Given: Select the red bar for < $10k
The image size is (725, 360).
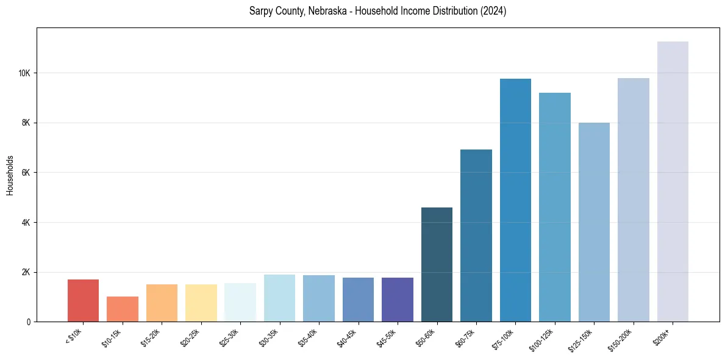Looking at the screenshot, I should click(83, 300).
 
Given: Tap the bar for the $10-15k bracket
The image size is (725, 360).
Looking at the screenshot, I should click(123, 309).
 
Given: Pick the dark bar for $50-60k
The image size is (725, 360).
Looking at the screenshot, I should click(437, 264).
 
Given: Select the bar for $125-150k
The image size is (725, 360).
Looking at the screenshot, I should click(594, 222).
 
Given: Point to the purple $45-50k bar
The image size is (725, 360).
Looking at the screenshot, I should click(398, 300).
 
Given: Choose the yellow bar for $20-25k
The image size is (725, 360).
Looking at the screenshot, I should click(201, 303).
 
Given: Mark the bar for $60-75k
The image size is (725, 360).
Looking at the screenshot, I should click(476, 236).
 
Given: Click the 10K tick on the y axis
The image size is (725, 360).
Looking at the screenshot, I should click(24, 73).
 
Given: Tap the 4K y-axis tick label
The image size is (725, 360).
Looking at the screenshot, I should click(26, 223).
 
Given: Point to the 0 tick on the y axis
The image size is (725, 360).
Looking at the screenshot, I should click(28, 322).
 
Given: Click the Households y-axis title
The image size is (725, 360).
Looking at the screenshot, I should click(10, 175).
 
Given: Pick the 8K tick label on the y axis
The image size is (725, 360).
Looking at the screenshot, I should click(26, 123).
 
